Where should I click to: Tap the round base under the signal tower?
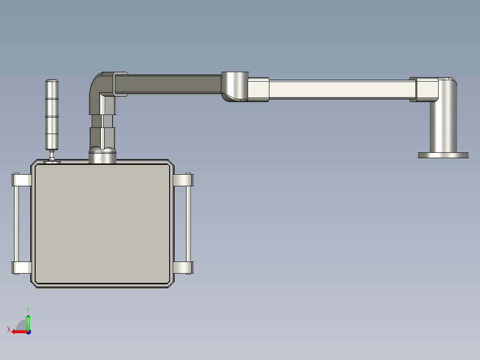[52, 162]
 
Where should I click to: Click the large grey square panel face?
[102, 224]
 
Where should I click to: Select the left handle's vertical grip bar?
[16, 224]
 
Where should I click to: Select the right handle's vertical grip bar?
[188, 224]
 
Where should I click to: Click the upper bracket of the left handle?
[20, 180]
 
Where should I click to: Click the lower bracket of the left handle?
[20, 268]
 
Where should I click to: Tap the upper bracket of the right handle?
[183, 180]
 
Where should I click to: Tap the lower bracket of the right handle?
[183, 268]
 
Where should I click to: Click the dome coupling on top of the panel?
[102, 155]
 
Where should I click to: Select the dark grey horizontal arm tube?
[174, 83]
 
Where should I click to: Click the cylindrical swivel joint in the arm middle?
[234, 86]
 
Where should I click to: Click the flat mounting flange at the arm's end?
[443, 155]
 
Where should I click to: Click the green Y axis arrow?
[28, 320]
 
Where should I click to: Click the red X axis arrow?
[17, 331]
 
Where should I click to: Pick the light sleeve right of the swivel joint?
[258, 90]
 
